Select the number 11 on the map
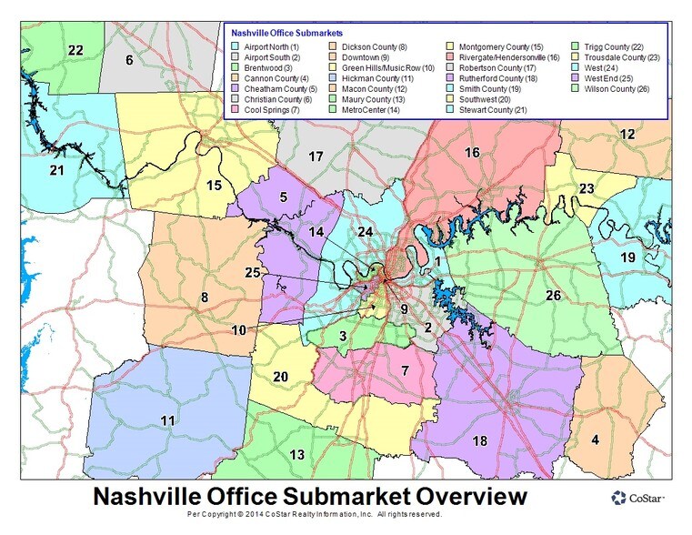(167, 420)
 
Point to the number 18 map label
(480, 440)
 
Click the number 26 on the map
(553, 295)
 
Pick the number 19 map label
(628, 258)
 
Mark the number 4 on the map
(595, 440)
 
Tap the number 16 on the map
(472, 152)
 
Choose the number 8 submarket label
(205, 298)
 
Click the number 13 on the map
(296, 455)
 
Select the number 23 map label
(587, 188)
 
